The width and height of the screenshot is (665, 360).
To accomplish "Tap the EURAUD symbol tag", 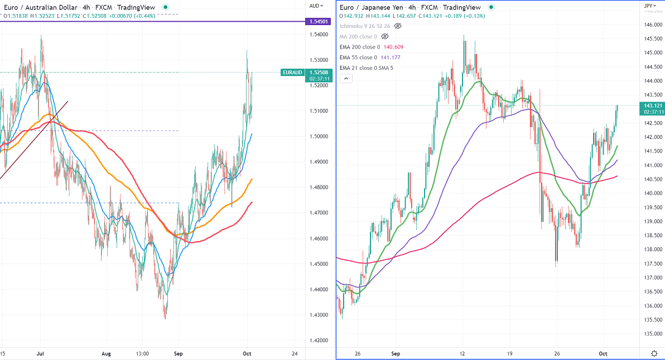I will [292, 73].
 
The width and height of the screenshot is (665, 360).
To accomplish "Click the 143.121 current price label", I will [653, 105].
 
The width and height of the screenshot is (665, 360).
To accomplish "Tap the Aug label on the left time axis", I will [107, 354].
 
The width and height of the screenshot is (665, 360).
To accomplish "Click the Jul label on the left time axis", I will [40, 354].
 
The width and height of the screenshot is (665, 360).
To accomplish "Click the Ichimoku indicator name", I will [353, 26].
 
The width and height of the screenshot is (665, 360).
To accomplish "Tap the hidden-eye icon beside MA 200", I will [384, 36].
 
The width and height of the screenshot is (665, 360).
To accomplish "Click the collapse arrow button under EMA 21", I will [346, 79].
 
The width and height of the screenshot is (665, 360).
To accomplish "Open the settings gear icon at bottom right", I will [654, 353].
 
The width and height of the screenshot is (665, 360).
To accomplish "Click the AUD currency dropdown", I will [316, 6].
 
